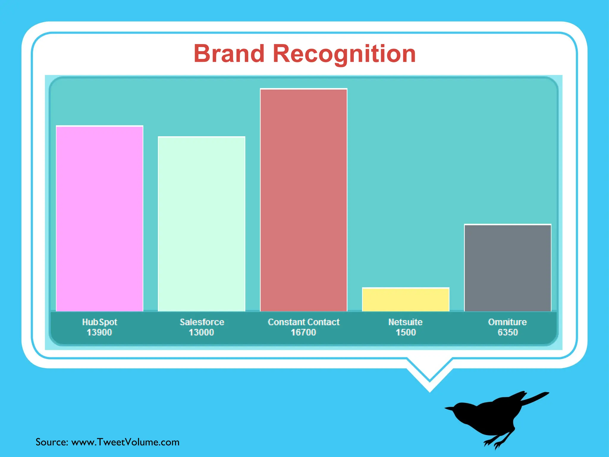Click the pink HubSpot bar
tap(100, 219)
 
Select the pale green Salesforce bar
tap(202, 224)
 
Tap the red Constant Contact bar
tap(304, 200)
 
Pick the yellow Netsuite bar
tap(406, 300)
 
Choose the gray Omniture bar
tap(508, 268)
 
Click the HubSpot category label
tap(100, 322)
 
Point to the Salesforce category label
tap(202, 322)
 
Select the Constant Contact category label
tap(304, 322)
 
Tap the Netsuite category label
tap(406, 322)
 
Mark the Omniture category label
tap(508, 322)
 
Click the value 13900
tap(99, 332)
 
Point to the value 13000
tap(201, 332)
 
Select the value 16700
tap(303, 332)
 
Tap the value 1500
tap(406, 332)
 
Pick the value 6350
tap(508, 332)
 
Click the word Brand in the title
tap(229, 54)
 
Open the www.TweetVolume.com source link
tap(125, 442)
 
